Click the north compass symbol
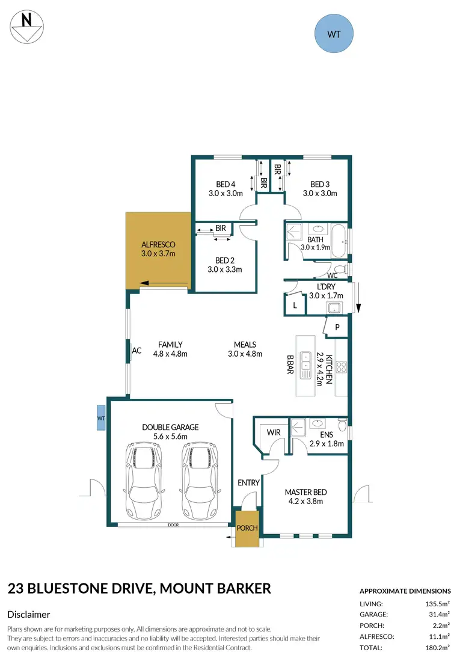pyautogui.click(x=26, y=27)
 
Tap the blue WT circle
pyautogui.click(x=334, y=34)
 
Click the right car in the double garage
pyautogui.click(x=199, y=482)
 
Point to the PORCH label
pyautogui.click(x=248, y=528)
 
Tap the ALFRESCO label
pyautogui.click(x=158, y=245)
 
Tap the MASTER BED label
pyautogui.click(x=304, y=492)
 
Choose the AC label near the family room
pyautogui.click(x=137, y=351)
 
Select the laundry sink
pyautogui.click(x=334, y=308)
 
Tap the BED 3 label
pyautogui.click(x=320, y=184)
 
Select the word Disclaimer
pyautogui.click(x=28, y=614)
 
